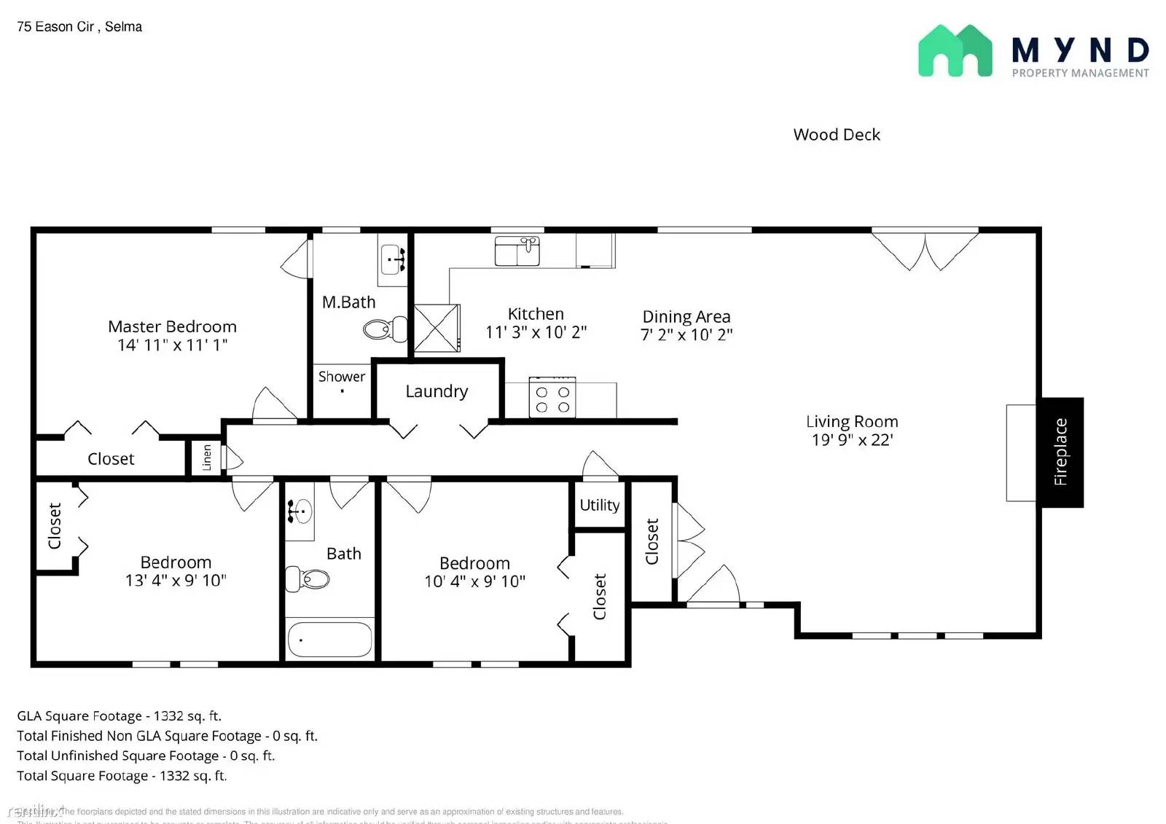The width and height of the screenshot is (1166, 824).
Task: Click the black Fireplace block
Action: [1061, 452]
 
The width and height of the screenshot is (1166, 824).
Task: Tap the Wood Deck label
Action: [837, 135]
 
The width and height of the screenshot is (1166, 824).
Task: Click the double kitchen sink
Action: [517, 251]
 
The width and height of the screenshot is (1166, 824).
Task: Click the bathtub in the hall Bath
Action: [329, 639]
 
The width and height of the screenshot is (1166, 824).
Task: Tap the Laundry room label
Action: [437, 391]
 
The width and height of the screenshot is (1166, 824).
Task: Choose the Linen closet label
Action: [206, 458]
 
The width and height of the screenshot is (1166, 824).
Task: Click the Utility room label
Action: [600, 505]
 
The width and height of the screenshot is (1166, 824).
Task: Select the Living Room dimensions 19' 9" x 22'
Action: [852, 440]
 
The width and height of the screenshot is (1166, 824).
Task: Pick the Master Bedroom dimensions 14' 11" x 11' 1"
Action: [173, 345]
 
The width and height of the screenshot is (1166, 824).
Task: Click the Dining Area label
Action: [686, 316]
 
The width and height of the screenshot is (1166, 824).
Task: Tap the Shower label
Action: [341, 377]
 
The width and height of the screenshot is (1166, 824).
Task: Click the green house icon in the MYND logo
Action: [955, 51]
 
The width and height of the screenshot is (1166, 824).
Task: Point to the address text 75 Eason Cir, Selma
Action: [79, 27]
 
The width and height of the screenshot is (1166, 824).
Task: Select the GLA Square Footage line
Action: [119, 716]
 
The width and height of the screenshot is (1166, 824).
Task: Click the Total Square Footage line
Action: [122, 776]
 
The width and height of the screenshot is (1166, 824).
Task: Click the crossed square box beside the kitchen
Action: [437, 329]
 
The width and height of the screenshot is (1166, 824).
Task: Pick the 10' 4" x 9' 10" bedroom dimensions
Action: [474, 581]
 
